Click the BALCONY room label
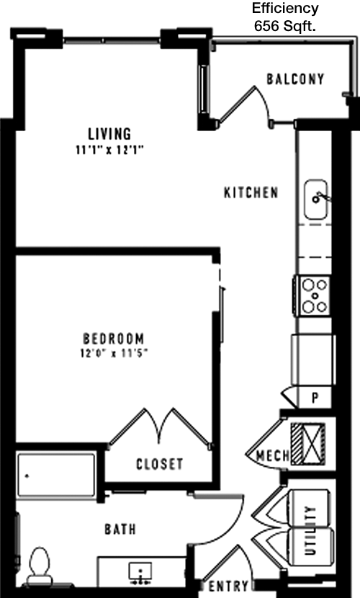click(x=295, y=79)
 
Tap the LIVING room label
click(x=109, y=134)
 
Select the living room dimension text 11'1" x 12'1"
click(x=109, y=151)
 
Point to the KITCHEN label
click(x=251, y=192)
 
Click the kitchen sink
click(x=316, y=200)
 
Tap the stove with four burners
click(x=315, y=296)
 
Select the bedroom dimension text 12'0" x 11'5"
click(x=114, y=354)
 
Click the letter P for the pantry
click(x=315, y=398)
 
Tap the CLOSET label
click(x=160, y=464)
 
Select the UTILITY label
click(x=311, y=530)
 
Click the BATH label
click(x=120, y=529)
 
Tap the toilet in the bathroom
click(x=39, y=566)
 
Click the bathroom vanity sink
click(x=140, y=573)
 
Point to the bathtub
click(x=55, y=475)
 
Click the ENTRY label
click(x=228, y=586)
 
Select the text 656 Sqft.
click(x=285, y=27)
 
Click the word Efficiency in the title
click(x=285, y=9)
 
